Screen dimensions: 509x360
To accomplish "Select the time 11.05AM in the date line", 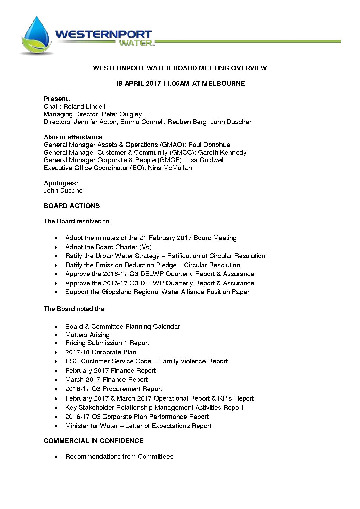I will click(x=176, y=84).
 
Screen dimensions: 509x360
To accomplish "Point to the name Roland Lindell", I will click(x=84, y=107).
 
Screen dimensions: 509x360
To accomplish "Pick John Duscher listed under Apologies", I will click(x=64, y=191).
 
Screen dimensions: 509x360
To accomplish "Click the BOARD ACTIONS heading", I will click(x=72, y=206).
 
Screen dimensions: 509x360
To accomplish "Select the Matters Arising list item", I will click(x=87, y=335).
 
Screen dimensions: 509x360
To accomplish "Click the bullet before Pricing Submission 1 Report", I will click(x=56, y=343).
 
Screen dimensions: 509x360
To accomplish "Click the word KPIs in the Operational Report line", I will click(x=225, y=398).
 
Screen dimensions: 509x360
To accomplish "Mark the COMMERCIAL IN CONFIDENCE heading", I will click(x=94, y=441).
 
